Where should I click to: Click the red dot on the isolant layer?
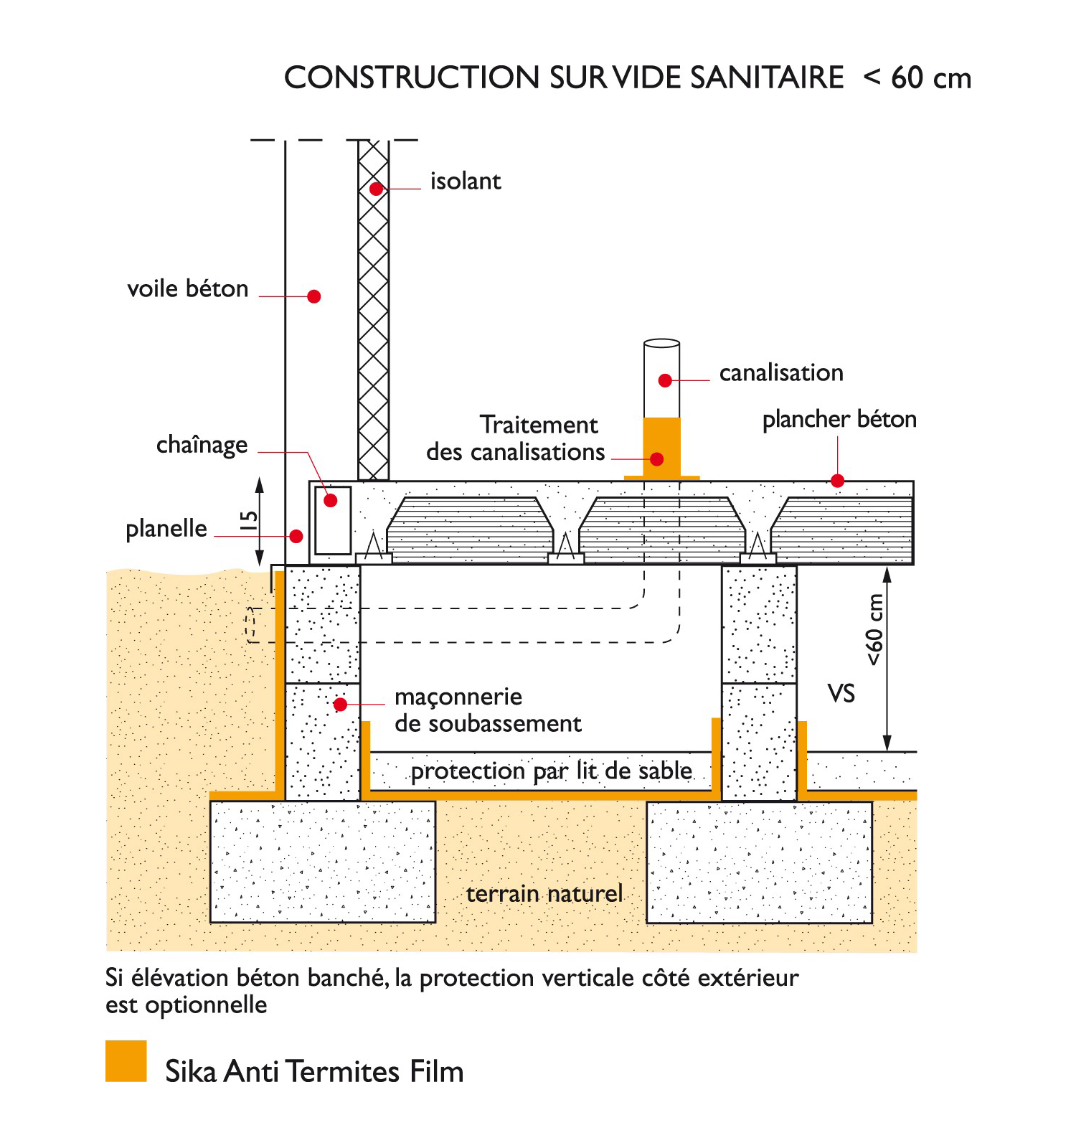coord(376,189)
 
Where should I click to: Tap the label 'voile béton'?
coord(188,288)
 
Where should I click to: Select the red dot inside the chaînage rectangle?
coord(331,501)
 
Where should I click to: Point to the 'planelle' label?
coord(166,529)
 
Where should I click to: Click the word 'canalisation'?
coord(781,373)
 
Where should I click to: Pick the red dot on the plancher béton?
coord(837,481)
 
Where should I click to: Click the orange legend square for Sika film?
coord(126,1061)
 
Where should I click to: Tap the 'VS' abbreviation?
coord(841,694)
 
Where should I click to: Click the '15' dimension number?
coord(248,521)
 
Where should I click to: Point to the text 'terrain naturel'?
coord(544,894)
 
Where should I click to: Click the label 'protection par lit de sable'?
coord(552,771)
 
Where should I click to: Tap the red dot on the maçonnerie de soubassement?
coord(341,705)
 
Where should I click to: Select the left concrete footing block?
coord(323,862)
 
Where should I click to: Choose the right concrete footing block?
coord(759,862)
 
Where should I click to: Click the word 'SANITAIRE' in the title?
coord(767,77)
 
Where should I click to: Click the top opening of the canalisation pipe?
coord(661,344)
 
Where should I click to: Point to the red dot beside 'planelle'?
coord(296,536)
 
